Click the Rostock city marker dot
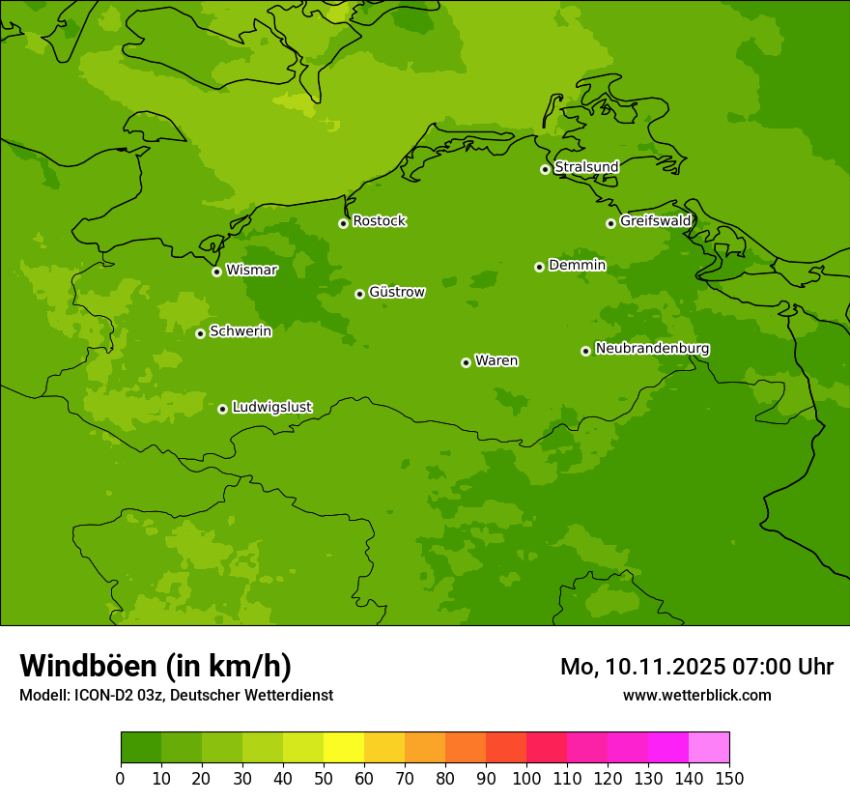[343, 223]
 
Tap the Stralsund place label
[586, 167]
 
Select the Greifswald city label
[656, 221]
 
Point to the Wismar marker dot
[217, 272]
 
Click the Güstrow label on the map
[397, 292]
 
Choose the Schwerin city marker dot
[201, 333]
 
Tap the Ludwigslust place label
[272, 408]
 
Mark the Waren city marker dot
[466, 362]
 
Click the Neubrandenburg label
[653, 349]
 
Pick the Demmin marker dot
[539, 267]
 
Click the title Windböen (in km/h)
[156, 666]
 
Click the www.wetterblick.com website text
[696, 695]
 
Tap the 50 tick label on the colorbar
[324, 778]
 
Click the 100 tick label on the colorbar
[526, 778]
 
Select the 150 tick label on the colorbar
[729, 778]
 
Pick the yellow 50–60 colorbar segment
[344, 748]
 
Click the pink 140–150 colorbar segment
[709, 748]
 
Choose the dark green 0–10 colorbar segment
[141, 748]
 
